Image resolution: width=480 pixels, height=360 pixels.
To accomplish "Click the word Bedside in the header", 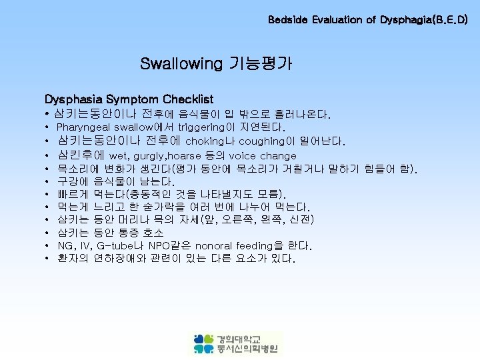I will [288, 20].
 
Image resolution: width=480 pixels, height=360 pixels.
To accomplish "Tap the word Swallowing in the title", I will [181, 64].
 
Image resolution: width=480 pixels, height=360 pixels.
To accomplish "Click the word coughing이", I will [262, 141].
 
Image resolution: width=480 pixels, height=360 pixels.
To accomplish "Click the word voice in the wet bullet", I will [242, 155].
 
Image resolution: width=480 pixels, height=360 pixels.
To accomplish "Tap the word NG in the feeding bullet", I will [65, 245].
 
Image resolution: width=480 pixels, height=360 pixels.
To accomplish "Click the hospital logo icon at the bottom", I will [204, 343].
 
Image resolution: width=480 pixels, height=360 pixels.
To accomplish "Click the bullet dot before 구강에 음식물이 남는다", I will [48, 181].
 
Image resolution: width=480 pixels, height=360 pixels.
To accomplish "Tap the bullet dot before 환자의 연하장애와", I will [48, 258].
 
